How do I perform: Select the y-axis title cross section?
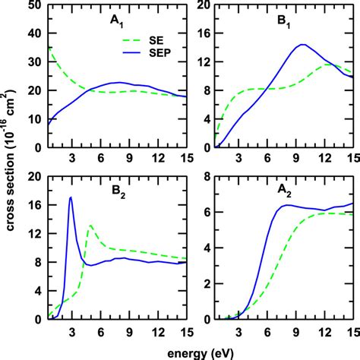[9, 163]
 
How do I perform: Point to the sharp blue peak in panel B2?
[71, 197]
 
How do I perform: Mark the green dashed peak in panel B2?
[91, 226]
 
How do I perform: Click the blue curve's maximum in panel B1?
[302, 44]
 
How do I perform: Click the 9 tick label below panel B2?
[129, 331]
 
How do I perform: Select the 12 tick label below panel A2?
[325, 331]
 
